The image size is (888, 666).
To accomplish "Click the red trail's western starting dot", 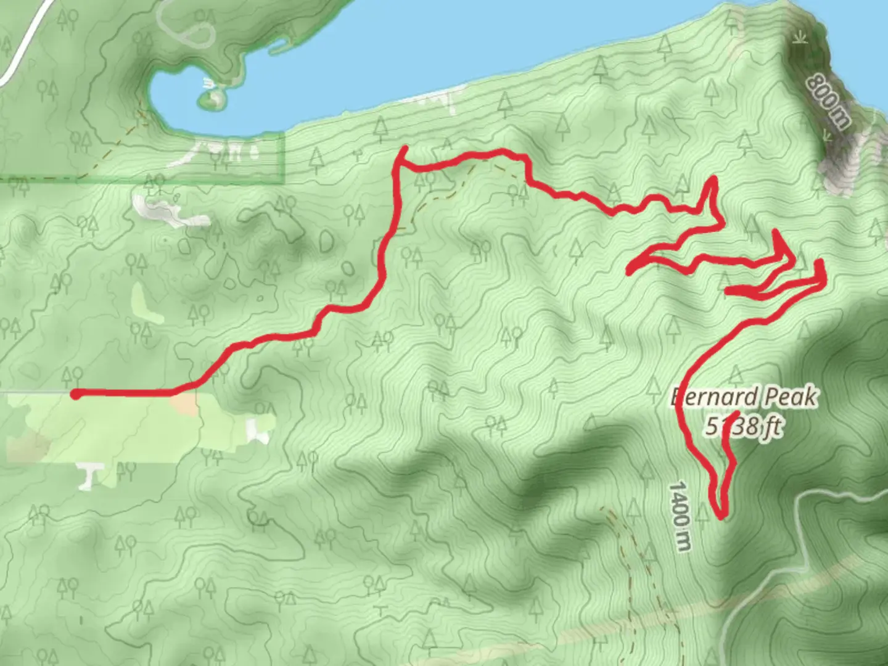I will click(75, 394).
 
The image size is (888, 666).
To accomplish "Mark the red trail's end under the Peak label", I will click(738, 412).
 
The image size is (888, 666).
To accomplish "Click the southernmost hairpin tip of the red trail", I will click(720, 512).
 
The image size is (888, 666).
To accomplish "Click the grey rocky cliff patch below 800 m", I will click(845, 160).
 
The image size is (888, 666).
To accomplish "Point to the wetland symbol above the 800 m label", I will click(800, 37).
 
